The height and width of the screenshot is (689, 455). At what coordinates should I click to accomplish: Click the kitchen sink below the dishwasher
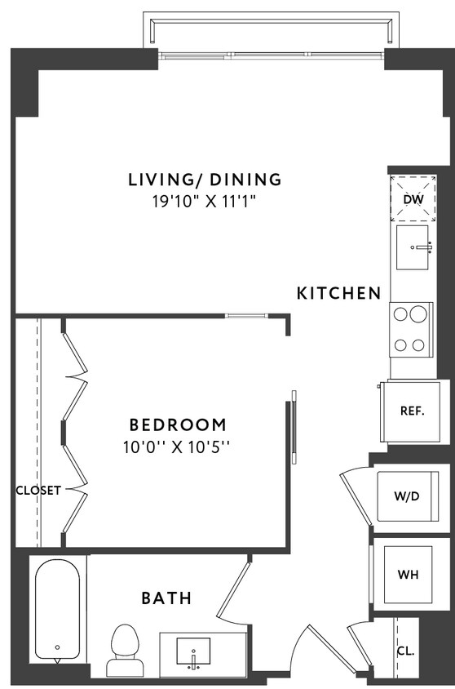pyautogui.click(x=415, y=248)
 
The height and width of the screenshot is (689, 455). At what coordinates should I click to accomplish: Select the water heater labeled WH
pyautogui.click(x=407, y=574)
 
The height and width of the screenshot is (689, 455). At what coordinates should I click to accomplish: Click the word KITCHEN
pyautogui.click(x=338, y=293)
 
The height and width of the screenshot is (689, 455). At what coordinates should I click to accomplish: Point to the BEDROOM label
pyautogui.click(x=178, y=425)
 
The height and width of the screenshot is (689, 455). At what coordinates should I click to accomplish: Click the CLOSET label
pyautogui.click(x=38, y=491)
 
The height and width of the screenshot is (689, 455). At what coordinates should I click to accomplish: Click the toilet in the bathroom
pyautogui.click(x=125, y=648)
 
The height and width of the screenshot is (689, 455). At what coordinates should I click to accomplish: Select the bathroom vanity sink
pyautogui.click(x=194, y=651)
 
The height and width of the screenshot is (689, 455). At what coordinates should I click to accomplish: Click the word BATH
pyautogui.click(x=166, y=598)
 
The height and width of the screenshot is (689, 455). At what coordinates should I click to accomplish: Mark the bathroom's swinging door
pyautogui.click(x=232, y=589)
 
